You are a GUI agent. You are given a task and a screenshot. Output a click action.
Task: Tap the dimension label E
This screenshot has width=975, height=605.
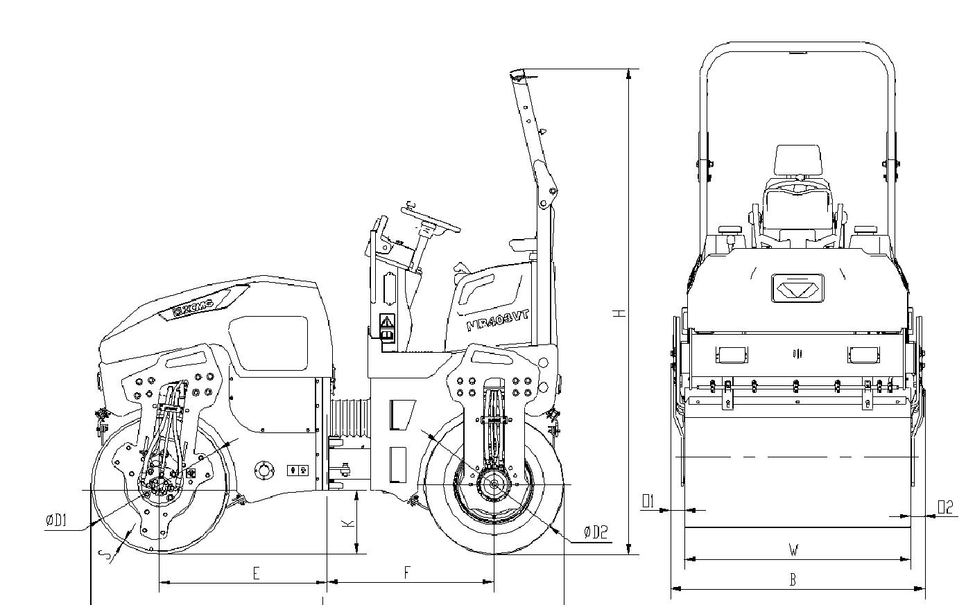256,573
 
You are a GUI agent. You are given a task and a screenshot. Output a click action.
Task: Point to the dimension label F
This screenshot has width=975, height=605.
407,572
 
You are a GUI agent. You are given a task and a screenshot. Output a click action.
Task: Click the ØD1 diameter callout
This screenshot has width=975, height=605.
56,520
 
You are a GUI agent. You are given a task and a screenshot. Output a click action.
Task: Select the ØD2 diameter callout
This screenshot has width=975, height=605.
595,532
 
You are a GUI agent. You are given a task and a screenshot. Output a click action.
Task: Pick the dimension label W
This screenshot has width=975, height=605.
793,550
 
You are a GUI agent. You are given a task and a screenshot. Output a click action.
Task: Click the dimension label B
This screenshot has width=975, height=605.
793,580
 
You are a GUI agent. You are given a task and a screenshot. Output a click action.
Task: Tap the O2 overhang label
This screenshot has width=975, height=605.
945,507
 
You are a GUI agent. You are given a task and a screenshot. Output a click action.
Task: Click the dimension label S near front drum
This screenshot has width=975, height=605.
104,554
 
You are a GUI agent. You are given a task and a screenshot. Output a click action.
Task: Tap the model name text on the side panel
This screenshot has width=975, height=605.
498,320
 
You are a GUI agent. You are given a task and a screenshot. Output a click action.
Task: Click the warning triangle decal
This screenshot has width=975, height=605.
386,322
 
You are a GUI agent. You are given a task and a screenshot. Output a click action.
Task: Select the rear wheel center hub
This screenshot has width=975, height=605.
494,484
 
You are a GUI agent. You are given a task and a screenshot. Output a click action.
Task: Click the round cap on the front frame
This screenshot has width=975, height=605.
263,470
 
